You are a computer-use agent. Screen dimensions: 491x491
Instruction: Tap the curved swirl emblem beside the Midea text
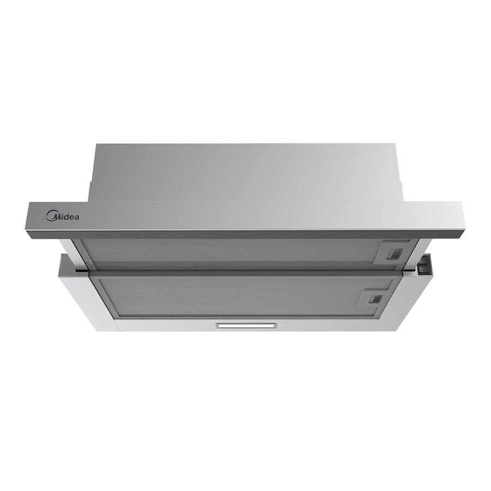[51, 215]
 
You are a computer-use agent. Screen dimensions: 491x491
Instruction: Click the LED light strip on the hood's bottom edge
[246, 326]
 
